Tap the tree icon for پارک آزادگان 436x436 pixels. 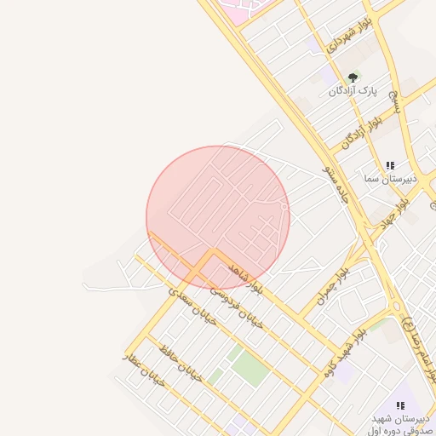[351, 77]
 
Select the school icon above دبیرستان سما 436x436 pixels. [390, 165]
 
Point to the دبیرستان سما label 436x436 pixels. [388, 179]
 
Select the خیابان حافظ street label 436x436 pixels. [180, 364]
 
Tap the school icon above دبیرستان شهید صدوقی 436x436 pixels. [400, 405]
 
